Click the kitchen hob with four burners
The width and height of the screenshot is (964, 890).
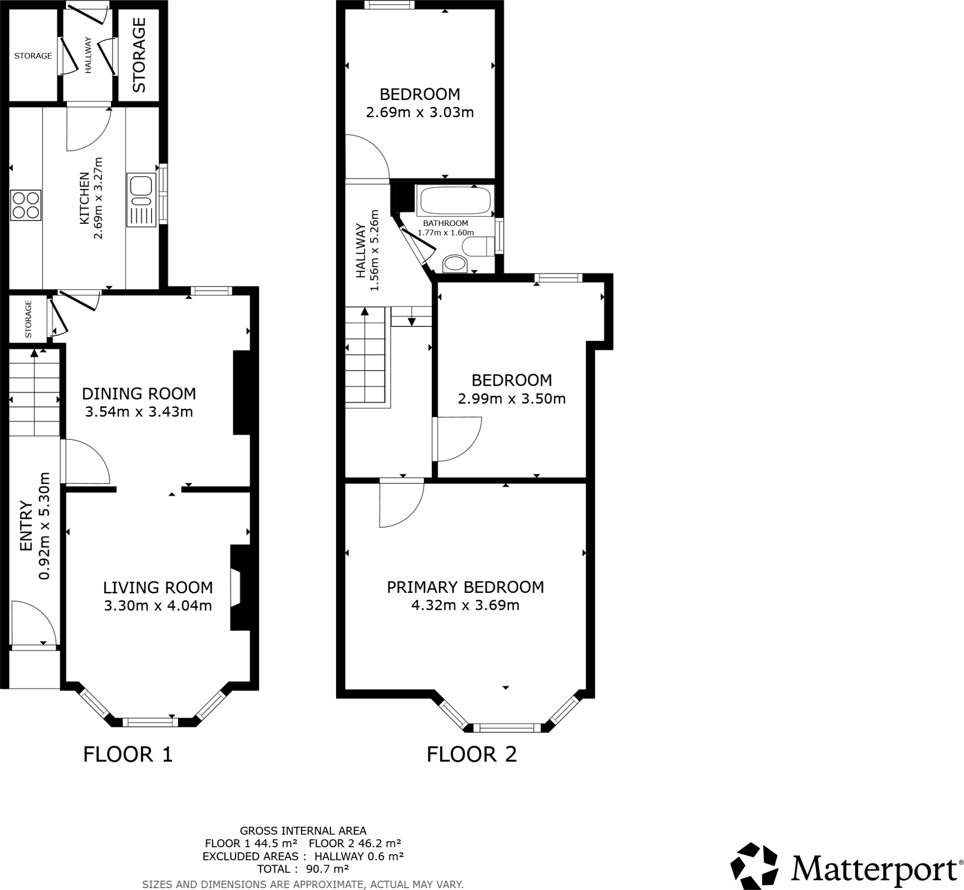26,205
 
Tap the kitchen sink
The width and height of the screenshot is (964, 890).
142,200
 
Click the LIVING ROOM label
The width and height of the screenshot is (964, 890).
158,588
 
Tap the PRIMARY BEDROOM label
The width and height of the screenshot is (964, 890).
465,587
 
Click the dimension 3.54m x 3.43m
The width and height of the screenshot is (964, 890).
138,412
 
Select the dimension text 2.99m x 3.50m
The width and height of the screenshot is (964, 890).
511,399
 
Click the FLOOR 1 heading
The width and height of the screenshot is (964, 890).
128,754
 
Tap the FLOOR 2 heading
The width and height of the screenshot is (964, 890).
471,754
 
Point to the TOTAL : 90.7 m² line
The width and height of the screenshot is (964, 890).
303,869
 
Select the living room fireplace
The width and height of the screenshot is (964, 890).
239,588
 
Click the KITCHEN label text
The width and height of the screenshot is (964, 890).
84,198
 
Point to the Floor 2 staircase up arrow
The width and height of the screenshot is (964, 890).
364,312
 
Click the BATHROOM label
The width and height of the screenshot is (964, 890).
445,224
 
